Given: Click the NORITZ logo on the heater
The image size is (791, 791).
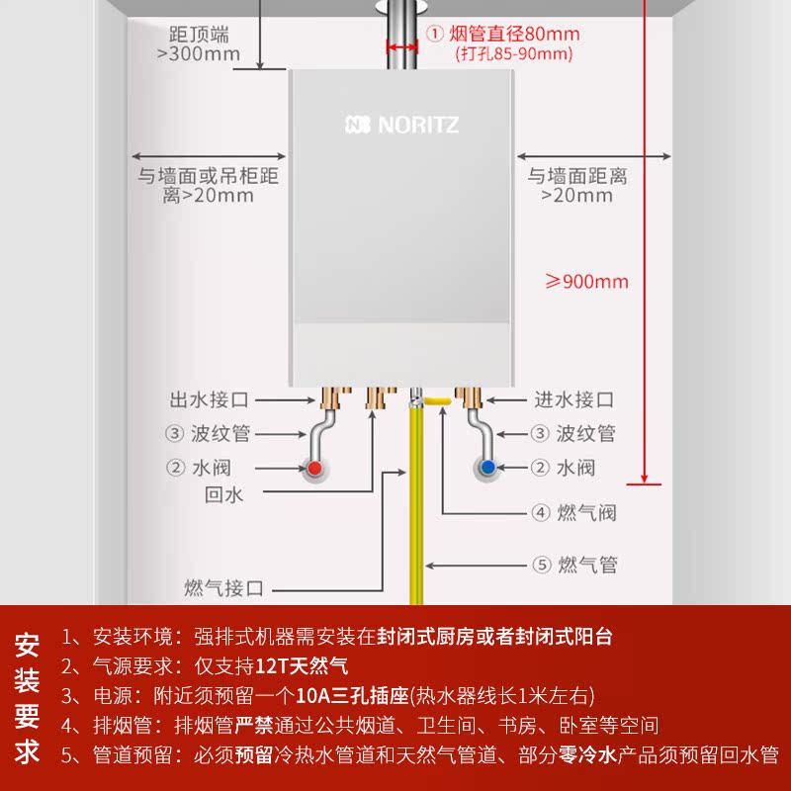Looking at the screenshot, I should (402, 126).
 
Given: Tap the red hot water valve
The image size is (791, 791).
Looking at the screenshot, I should (313, 469).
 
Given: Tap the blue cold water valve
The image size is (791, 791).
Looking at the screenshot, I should (486, 468).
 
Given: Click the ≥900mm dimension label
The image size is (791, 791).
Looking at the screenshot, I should (587, 282).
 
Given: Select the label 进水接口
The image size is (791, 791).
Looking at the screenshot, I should (574, 400).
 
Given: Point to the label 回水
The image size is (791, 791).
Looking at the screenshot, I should (223, 495).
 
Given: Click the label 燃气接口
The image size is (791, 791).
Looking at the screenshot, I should (224, 589).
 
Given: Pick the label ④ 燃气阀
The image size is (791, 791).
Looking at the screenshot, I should (574, 512).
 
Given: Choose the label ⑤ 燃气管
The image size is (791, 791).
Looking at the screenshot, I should (574, 566).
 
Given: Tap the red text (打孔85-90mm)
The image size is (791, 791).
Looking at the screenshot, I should (514, 55).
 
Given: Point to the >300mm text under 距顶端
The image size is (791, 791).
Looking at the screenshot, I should (199, 53).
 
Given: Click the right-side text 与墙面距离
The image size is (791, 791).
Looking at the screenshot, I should (577, 177).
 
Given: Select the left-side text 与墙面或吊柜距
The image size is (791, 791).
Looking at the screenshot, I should (209, 177).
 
